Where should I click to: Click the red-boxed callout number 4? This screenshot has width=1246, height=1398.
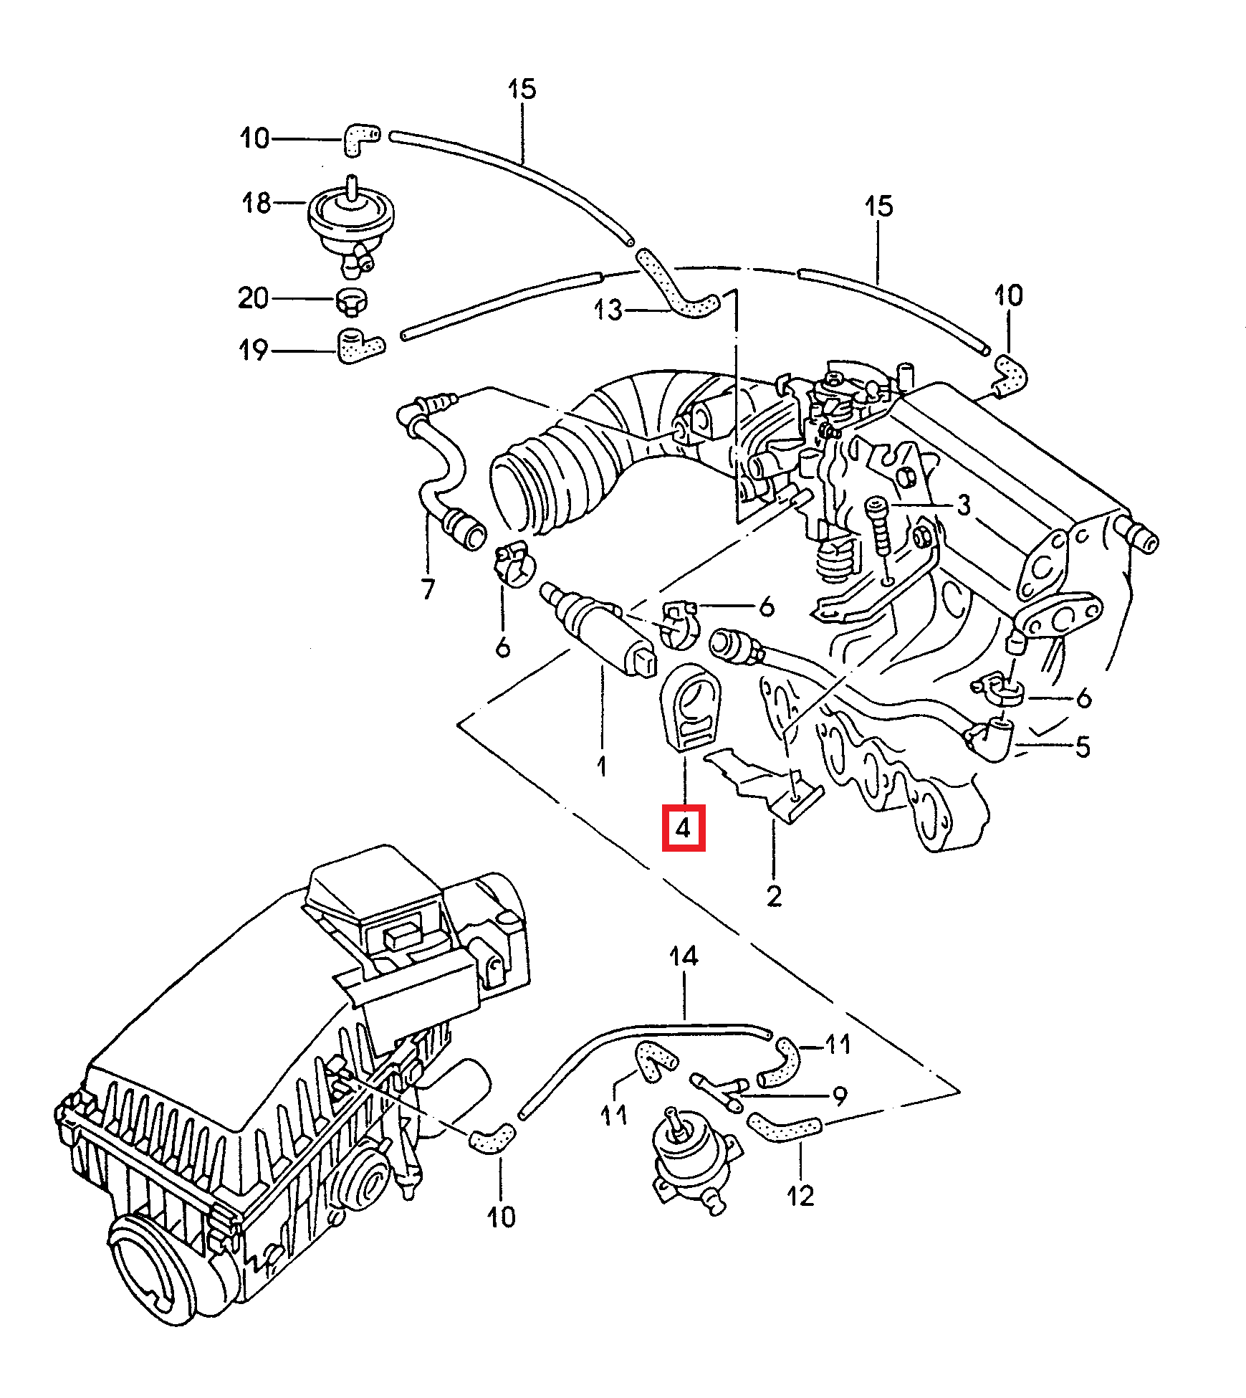683,828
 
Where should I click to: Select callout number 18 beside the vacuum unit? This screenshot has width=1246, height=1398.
257,203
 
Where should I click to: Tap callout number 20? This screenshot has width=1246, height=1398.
253,298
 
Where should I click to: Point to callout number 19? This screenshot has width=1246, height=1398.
253,350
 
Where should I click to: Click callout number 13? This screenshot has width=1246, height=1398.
608,310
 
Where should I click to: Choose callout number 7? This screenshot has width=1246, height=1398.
428,589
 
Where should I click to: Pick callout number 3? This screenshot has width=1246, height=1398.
964,505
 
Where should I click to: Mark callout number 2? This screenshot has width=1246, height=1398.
774,896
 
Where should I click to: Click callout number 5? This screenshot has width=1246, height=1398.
1083,746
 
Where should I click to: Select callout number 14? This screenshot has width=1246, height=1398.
684,956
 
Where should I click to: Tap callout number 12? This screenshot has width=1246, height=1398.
800,1195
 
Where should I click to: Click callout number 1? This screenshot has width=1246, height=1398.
602,766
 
